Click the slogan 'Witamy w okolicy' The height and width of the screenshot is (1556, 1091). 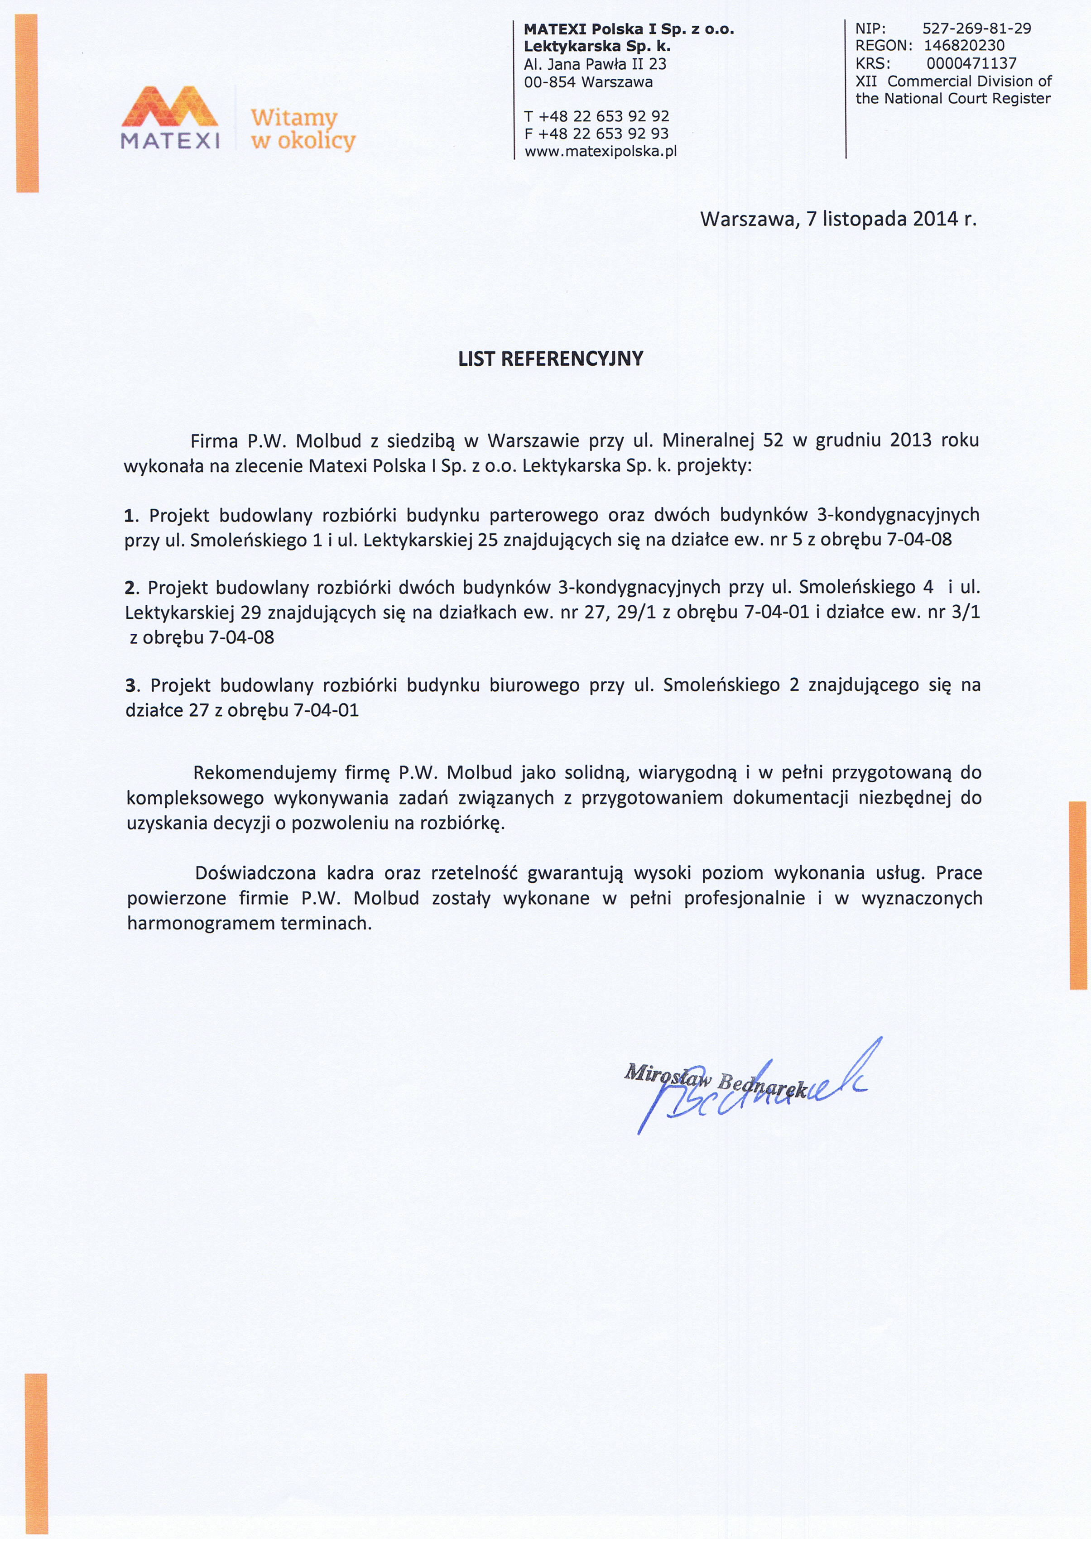[x=303, y=129]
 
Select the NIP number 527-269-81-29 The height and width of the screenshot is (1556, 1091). [x=976, y=29]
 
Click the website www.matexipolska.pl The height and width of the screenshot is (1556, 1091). [x=601, y=151]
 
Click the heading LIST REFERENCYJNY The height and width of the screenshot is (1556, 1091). [x=551, y=359]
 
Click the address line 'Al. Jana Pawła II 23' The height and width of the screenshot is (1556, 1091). [x=595, y=64]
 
